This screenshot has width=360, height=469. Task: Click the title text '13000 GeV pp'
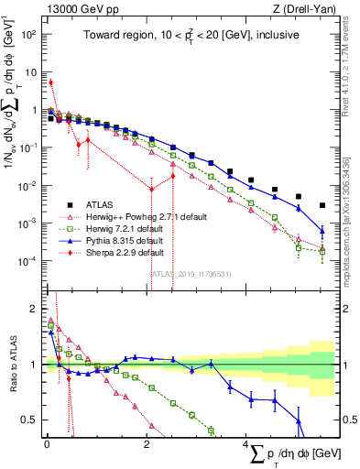(x=75, y=9)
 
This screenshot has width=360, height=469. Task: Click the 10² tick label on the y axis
(x=27, y=34)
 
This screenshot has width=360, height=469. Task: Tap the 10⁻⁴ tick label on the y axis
(x=27, y=261)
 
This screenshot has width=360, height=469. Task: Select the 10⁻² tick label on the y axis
(x=27, y=185)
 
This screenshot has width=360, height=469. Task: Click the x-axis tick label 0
(x=47, y=442)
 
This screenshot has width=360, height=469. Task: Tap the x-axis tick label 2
(x=147, y=442)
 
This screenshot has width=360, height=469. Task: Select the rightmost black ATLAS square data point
(x=322, y=205)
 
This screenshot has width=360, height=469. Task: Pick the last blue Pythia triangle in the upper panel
(x=322, y=230)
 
